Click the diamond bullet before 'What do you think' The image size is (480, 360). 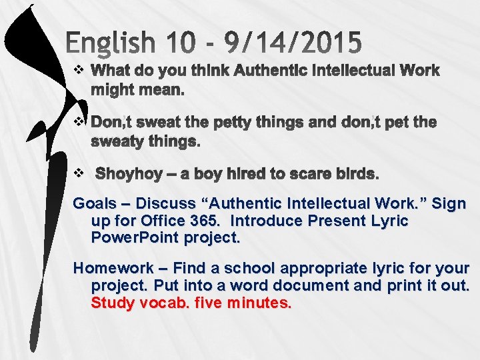tap(78, 70)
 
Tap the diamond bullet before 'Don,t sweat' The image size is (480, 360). tap(78, 122)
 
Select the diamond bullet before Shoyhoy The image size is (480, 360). tap(78, 173)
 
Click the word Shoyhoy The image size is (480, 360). tap(129, 174)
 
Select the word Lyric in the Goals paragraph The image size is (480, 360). tap(390, 220)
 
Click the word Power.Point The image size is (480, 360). tap(131, 237)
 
